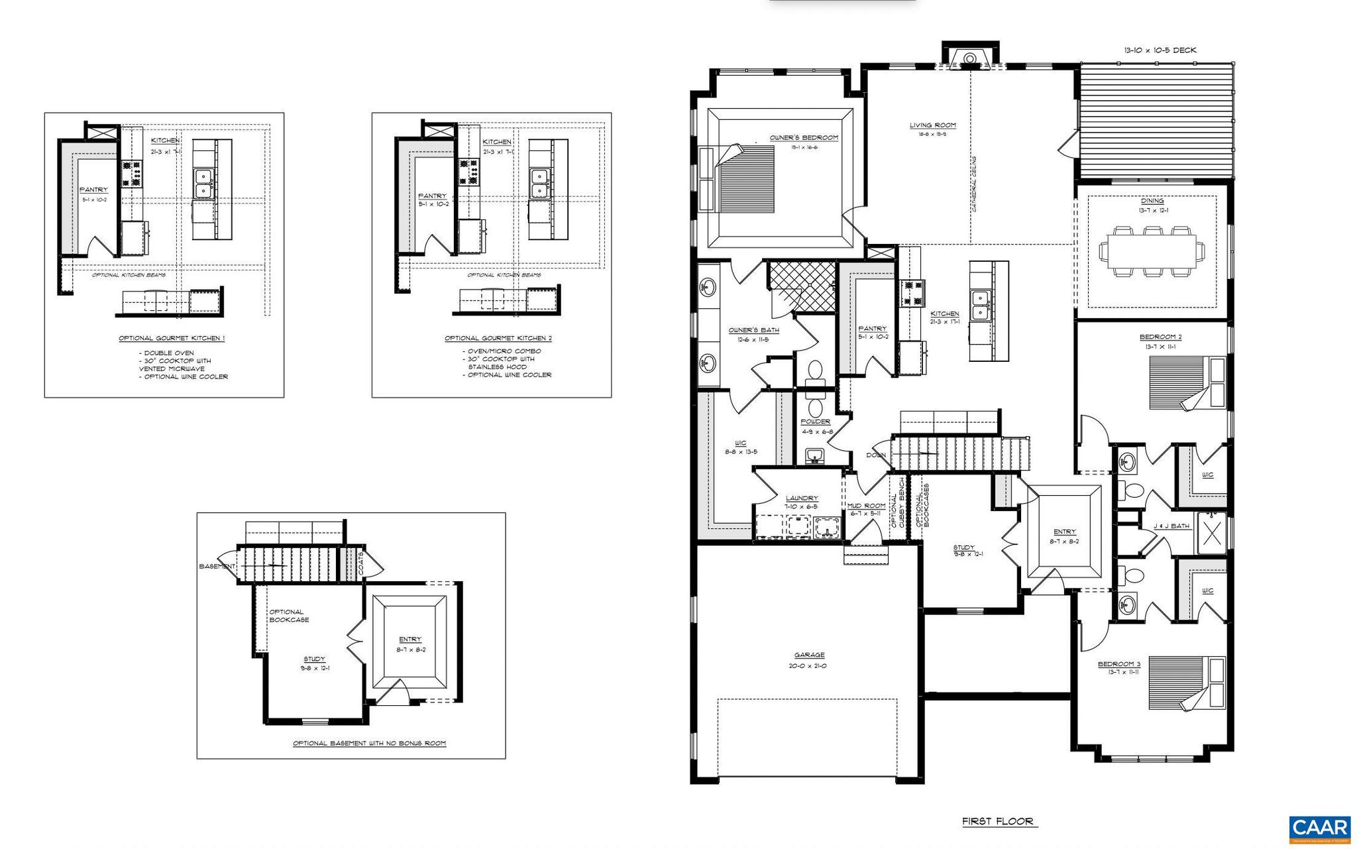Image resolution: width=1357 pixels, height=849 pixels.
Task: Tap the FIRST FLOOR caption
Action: tap(998, 822)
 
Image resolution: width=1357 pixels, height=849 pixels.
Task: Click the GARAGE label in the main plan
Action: tap(810, 655)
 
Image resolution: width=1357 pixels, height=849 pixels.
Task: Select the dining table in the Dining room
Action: tap(1152, 252)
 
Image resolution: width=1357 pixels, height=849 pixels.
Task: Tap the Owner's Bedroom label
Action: tap(804, 138)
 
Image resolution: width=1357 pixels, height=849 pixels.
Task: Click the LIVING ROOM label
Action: tap(932, 125)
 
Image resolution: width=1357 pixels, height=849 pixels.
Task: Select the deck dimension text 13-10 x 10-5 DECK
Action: tap(1160, 50)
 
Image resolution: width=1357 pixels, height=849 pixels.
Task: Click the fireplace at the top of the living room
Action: tap(969, 58)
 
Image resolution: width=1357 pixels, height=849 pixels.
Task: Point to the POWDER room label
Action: tap(815, 422)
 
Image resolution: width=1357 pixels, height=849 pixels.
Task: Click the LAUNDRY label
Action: tap(802, 498)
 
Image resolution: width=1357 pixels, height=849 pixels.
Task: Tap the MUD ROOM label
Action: tap(866, 506)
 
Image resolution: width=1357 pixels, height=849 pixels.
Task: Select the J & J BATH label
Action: tap(1171, 526)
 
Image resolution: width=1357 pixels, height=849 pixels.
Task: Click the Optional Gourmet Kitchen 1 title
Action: tap(172, 339)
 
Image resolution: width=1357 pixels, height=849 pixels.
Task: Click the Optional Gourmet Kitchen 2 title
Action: tap(498, 339)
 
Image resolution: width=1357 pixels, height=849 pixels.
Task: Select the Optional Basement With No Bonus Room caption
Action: tap(370, 744)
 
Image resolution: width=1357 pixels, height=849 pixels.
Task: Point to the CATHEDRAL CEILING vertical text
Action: tap(975, 184)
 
